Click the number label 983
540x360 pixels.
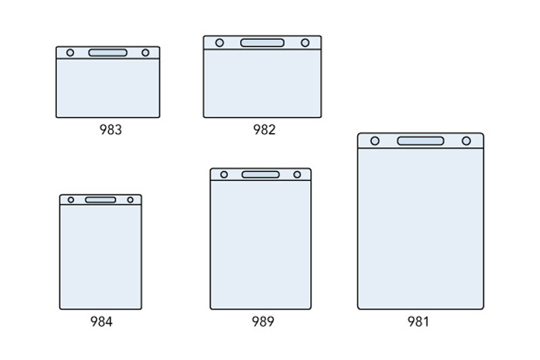pyautogui.click(x=111, y=130)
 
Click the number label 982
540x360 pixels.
pyautogui.click(x=264, y=130)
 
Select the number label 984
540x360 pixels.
pyautogui.click(x=101, y=322)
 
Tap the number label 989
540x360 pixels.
pyautogui.click(x=263, y=322)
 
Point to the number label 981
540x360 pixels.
pyautogui.click(x=418, y=322)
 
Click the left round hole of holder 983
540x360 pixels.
pyautogui.click(x=70, y=53)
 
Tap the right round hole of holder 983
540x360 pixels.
pyautogui.click(x=145, y=53)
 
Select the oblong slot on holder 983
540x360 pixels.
pyautogui.click(x=108, y=53)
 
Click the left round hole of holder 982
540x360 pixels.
pyautogui.click(x=219, y=43)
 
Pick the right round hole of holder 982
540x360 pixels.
pyautogui.click(x=305, y=43)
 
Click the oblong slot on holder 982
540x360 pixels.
pyautogui.click(x=263, y=43)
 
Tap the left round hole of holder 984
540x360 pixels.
pyautogui.click(x=70, y=200)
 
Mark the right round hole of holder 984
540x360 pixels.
pyautogui.click(x=130, y=200)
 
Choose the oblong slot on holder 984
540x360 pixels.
pyautogui.click(x=101, y=200)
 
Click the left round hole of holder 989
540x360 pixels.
pyautogui.click(x=224, y=174)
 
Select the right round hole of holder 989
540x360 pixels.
pyautogui.click(x=297, y=174)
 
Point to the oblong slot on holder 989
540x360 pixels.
pyautogui.click(x=261, y=174)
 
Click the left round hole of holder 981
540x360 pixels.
pyautogui.click(x=375, y=140)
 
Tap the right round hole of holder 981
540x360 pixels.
pyautogui.click(x=466, y=140)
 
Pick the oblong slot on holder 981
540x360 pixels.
pyautogui.click(x=421, y=140)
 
